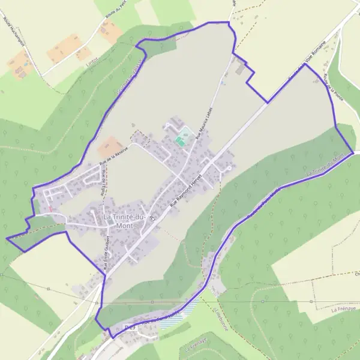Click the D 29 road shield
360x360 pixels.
pyautogui.click(x=129, y=326)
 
